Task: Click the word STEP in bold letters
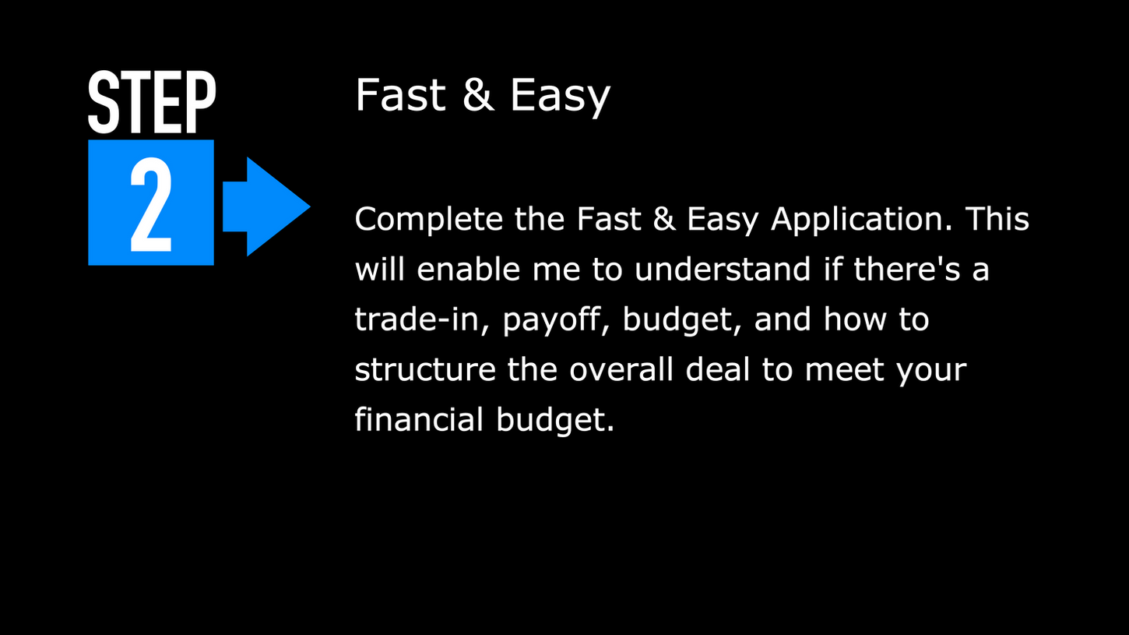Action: [151, 103]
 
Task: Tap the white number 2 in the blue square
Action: [150, 205]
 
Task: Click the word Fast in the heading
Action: [402, 96]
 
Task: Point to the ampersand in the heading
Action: [478, 96]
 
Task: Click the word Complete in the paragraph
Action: [429, 220]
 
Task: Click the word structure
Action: [425, 369]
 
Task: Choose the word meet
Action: [846, 369]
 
